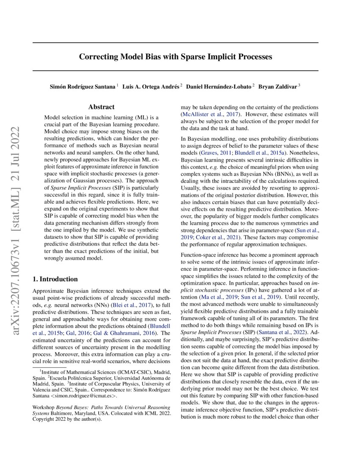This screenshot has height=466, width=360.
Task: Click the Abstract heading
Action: tap(101, 107)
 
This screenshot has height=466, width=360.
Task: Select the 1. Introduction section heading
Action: tap(55, 279)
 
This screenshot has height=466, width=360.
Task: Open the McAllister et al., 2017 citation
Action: tap(210, 114)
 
